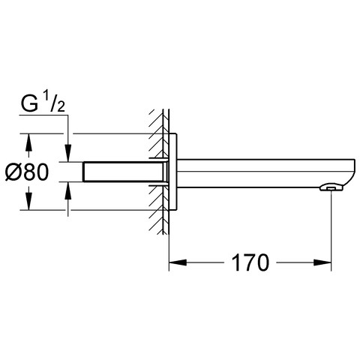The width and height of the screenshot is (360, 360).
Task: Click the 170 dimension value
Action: (250, 262)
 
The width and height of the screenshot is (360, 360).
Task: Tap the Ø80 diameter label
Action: (26, 172)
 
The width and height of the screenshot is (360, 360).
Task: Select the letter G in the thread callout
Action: (29, 103)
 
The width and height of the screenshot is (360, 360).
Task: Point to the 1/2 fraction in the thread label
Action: (55, 101)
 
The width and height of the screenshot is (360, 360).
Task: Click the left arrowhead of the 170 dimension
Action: (178, 262)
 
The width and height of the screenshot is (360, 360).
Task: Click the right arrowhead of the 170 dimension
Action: (322, 262)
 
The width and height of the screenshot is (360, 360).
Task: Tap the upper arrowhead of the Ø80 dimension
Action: (29, 142)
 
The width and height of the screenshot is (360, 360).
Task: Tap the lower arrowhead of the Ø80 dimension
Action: (29, 202)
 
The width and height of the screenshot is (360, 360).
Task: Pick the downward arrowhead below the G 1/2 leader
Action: (68, 153)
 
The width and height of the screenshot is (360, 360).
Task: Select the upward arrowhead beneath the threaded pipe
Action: (68, 190)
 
